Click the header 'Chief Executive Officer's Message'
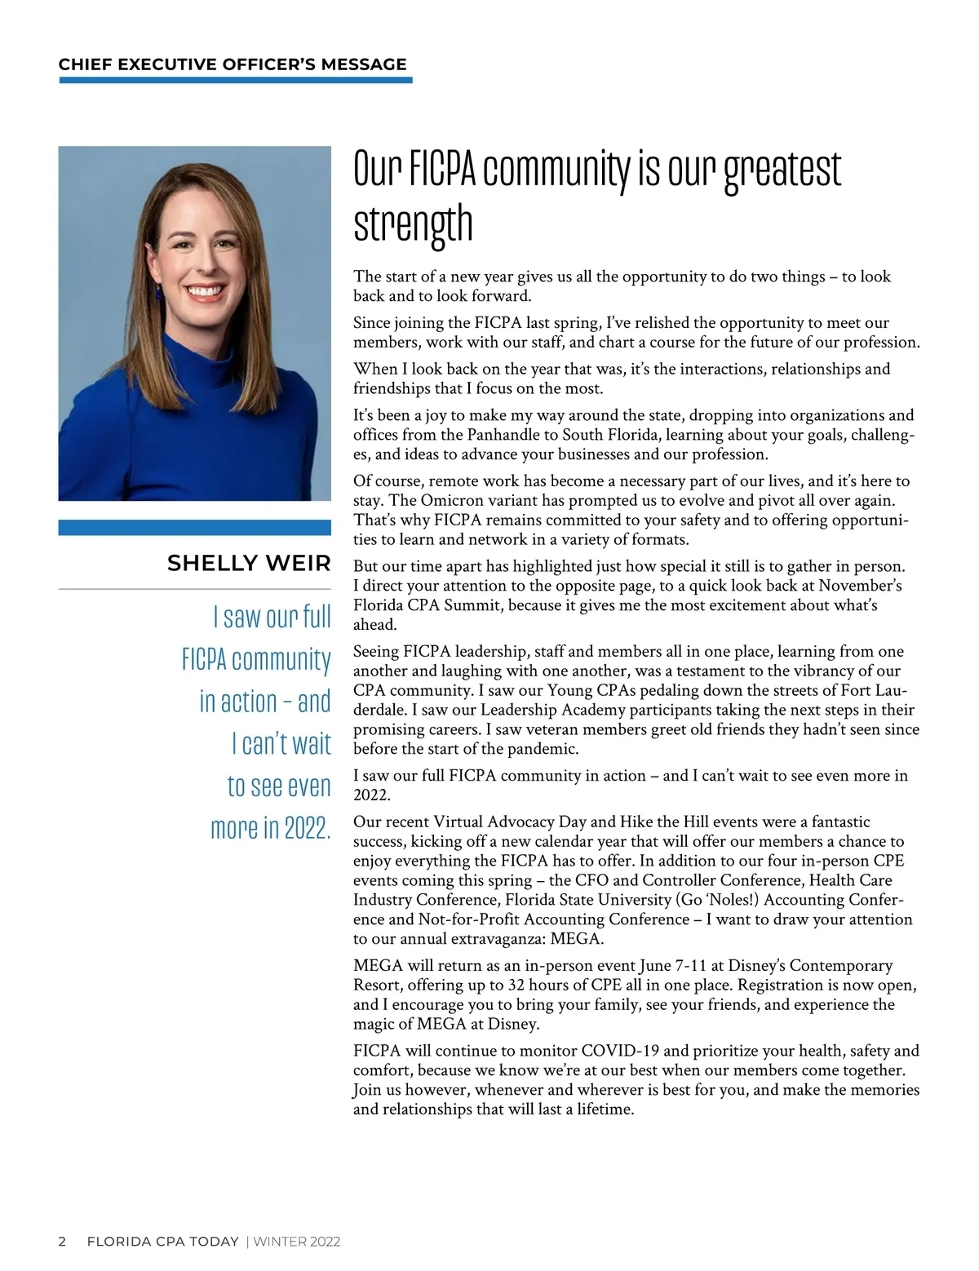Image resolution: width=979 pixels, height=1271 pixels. coord(233,64)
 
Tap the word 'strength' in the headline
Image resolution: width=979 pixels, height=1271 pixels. coord(413,224)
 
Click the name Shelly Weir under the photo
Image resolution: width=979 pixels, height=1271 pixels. coord(249,563)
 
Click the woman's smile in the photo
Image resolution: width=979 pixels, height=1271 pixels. coord(203,291)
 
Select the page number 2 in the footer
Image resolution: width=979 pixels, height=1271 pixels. coord(63,1242)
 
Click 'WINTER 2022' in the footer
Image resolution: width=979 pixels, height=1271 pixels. coord(297,1242)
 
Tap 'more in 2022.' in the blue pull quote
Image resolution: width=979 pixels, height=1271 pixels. coord(271,827)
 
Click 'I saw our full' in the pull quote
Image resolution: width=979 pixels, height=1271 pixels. coord(272,616)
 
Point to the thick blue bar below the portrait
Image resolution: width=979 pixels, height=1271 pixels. coord(194,528)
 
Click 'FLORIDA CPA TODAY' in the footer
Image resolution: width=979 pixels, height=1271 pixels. coord(162,1242)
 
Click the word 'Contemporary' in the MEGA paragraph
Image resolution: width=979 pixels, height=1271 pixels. coord(841,965)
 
